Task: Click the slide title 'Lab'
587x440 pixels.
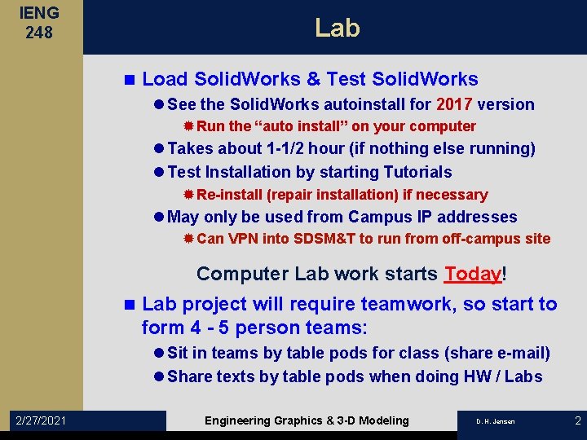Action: (x=337, y=28)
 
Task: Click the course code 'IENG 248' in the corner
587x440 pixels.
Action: (x=38, y=24)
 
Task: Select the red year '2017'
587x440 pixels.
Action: (x=455, y=104)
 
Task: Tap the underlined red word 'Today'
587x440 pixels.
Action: (x=472, y=274)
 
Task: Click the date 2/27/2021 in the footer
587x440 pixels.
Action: (x=42, y=420)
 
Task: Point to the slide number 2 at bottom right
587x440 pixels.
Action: (x=577, y=420)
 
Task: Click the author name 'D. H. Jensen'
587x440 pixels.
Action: (x=495, y=421)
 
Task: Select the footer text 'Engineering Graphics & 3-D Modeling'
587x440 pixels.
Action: (x=307, y=420)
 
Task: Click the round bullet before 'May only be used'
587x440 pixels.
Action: (x=158, y=217)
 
